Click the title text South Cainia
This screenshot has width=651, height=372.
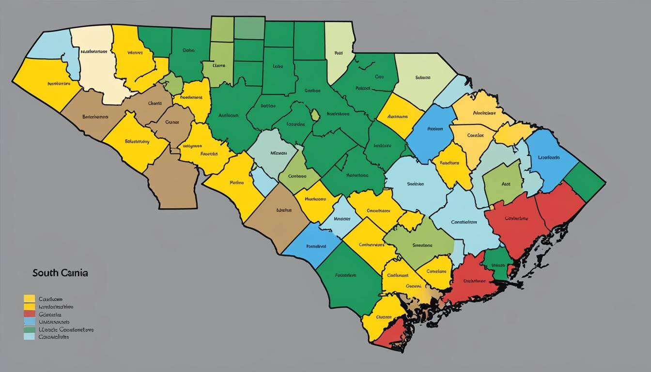pyautogui.click(x=60, y=273)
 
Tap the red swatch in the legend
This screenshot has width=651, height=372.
pyautogui.click(x=29, y=314)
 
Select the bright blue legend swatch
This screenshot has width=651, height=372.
pyautogui.click(x=29, y=322)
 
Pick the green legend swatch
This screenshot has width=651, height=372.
pyautogui.click(x=29, y=329)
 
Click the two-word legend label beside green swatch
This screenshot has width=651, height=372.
pyautogui.click(x=66, y=329)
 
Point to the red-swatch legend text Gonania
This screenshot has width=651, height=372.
pyautogui.click(x=50, y=314)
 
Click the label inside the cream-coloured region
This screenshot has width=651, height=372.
pyautogui.click(x=93, y=51)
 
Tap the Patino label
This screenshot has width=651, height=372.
pyautogui.click(x=236, y=183)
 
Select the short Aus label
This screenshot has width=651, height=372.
pyautogui.click(x=506, y=184)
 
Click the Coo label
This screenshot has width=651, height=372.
pyautogui.click(x=379, y=77)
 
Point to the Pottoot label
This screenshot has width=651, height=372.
pyautogui.click(x=363, y=88)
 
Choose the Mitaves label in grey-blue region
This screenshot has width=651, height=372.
pyautogui.click(x=278, y=153)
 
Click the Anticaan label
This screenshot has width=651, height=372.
pyautogui.click(x=228, y=116)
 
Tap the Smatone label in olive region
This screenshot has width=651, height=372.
pyautogui.click(x=422, y=245)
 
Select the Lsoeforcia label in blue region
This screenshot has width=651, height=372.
pyautogui.click(x=549, y=157)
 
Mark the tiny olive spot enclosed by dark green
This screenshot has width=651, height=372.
pyautogui.click(x=315, y=115)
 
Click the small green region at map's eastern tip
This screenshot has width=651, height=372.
pyautogui.click(x=586, y=182)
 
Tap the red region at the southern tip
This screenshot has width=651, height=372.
pyautogui.click(x=390, y=337)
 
